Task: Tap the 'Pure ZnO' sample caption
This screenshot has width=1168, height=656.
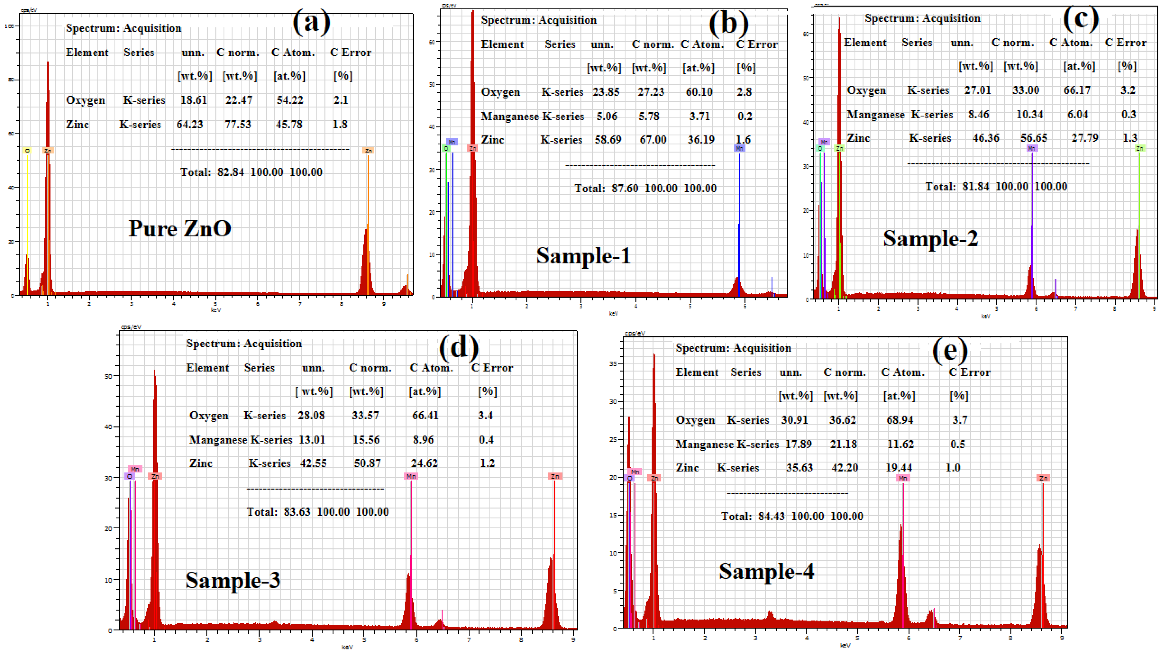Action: point(180,228)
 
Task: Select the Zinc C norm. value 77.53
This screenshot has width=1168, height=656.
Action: point(238,124)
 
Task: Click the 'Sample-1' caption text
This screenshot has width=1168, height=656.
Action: point(583,256)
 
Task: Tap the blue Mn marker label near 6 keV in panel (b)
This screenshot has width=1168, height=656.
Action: point(739,148)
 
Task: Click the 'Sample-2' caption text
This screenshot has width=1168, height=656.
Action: point(930,238)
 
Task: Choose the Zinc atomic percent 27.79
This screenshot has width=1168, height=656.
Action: point(1084,138)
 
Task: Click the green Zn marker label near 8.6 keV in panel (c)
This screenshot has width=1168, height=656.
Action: point(1139,148)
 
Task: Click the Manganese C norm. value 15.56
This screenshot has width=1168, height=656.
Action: point(366,440)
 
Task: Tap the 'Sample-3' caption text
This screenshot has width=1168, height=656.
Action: point(233,580)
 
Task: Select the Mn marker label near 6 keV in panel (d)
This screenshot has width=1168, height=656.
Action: point(411,476)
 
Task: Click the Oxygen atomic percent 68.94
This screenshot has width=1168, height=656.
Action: point(900,420)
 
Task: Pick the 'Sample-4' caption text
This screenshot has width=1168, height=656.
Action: point(766,571)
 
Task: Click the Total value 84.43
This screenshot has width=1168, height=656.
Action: point(771,516)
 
